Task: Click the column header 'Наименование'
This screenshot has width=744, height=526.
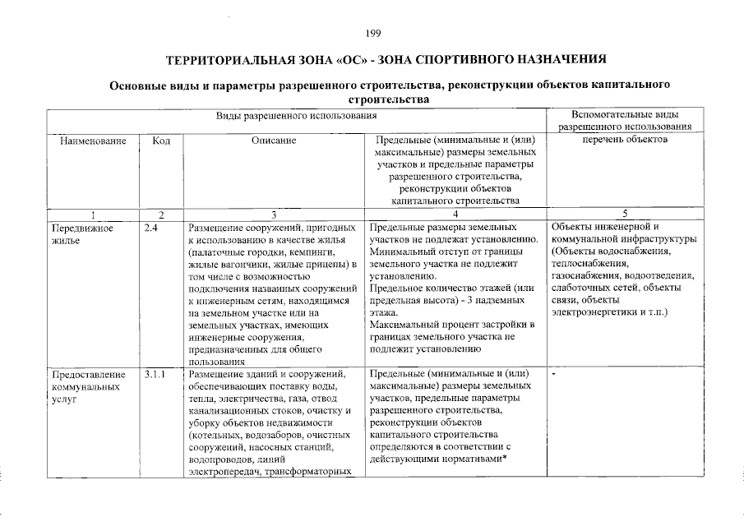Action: pos(93,141)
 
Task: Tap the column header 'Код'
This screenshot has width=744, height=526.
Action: pos(161,141)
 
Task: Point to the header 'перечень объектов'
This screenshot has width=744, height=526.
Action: pos(625,141)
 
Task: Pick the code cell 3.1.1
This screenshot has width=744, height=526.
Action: pos(155,375)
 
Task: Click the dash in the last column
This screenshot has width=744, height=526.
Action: pos(555,375)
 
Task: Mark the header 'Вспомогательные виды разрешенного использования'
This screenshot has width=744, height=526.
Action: pos(625,121)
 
